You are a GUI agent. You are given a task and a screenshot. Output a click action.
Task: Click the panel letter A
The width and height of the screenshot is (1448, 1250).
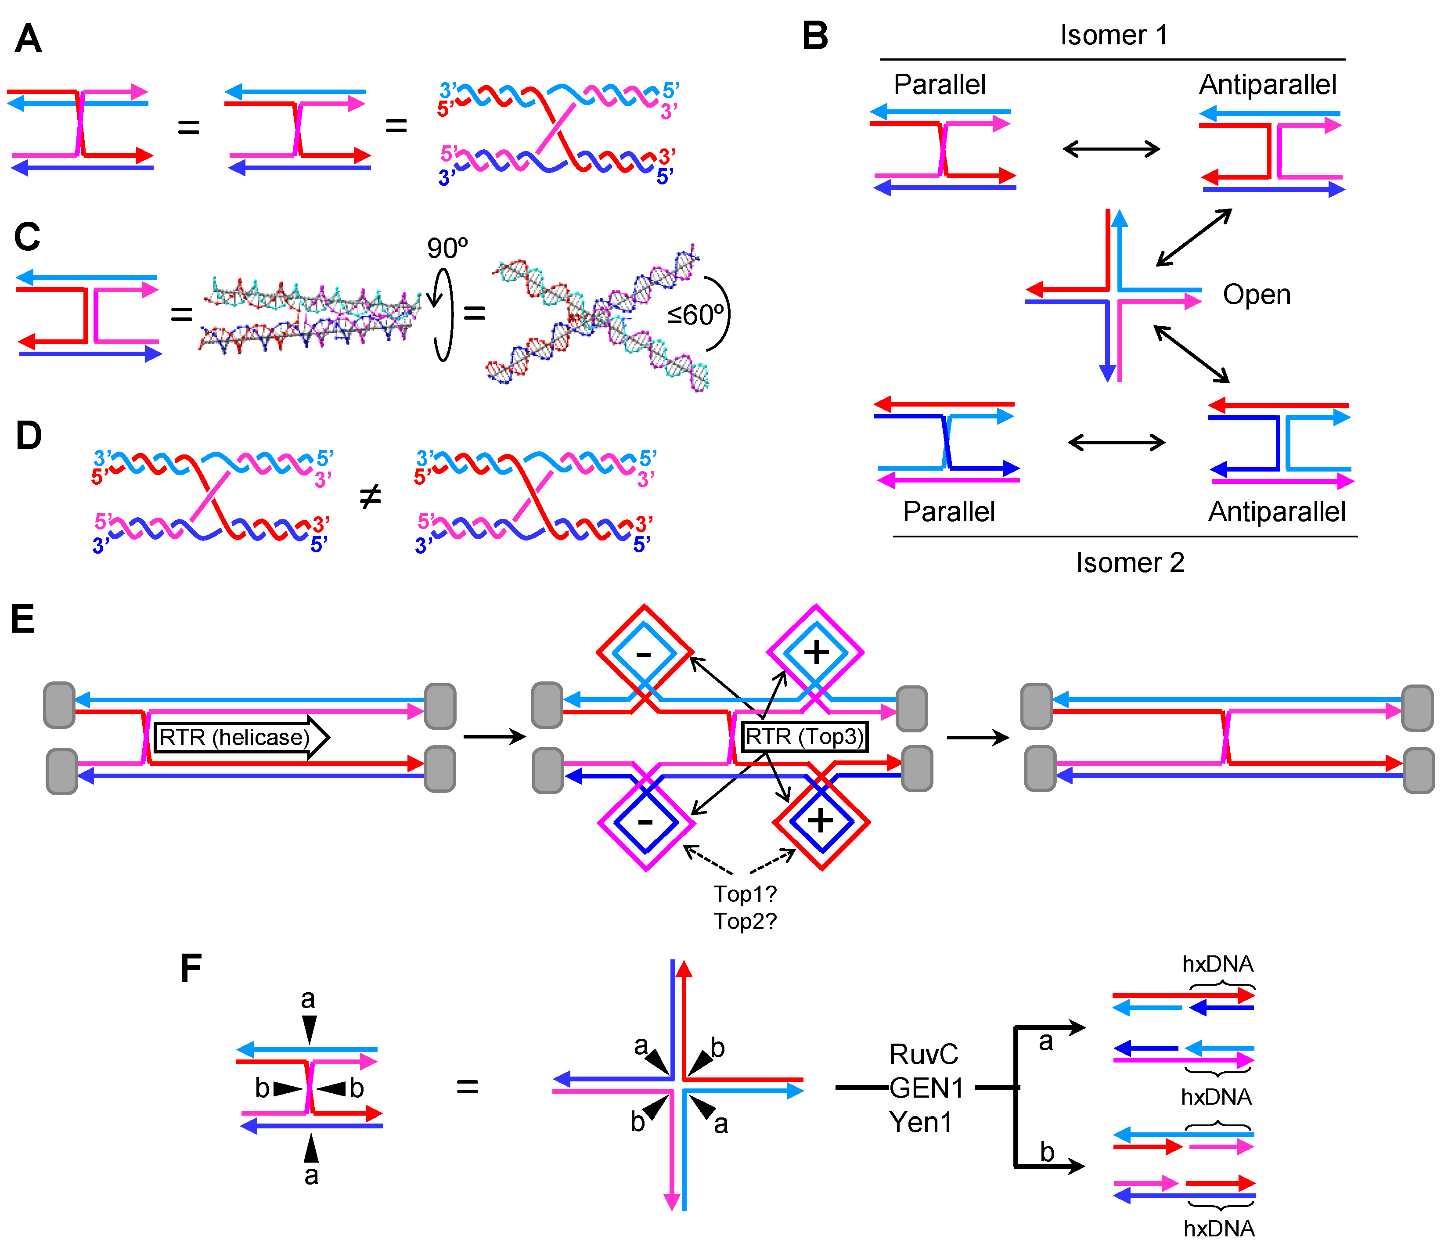pos(28,39)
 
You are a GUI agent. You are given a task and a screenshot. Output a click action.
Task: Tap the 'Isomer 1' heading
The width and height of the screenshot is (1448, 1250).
pos(1113,35)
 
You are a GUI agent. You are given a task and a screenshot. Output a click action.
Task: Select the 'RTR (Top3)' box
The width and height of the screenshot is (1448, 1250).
pos(803,736)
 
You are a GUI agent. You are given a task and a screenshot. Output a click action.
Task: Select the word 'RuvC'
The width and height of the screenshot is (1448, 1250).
pos(923,1054)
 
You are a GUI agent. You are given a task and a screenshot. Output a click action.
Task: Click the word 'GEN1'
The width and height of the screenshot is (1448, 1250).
pos(926,1088)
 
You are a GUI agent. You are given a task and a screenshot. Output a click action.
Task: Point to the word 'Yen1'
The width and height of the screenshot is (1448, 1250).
pos(920,1122)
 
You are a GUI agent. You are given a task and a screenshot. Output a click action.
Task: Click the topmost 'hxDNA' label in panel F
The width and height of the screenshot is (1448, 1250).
pos(1217,964)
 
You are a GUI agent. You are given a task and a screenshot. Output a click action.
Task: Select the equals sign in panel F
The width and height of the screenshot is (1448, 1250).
pos(467,1087)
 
